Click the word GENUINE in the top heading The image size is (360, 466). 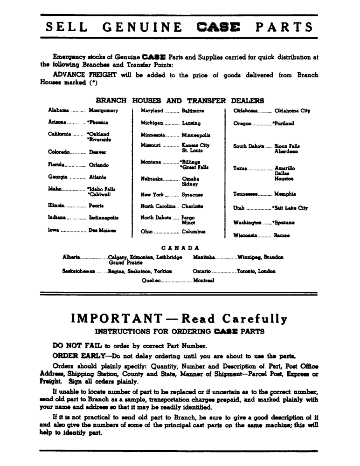point(142,27)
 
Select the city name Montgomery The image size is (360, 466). point(103,111)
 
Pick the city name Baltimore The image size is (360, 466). point(193,111)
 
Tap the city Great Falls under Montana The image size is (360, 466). point(194,167)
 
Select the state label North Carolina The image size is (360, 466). point(159,206)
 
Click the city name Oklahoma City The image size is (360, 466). point(292,111)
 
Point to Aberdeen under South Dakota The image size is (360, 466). point(286,151)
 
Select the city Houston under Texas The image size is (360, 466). point(284,178)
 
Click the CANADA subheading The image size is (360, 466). point(180,248)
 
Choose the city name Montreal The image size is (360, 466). point(203,281)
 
